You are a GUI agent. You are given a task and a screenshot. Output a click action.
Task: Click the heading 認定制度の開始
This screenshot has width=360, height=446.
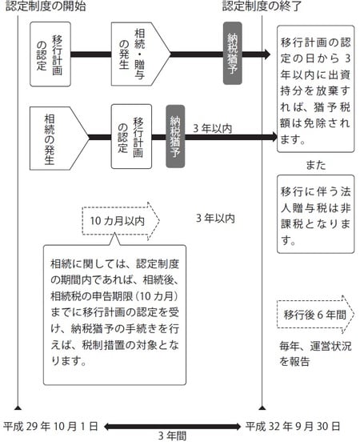pyautogui.click(x=46, y=7)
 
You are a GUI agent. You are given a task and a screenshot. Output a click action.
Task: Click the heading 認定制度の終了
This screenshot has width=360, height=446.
pyautogui.click(x=262, y=7)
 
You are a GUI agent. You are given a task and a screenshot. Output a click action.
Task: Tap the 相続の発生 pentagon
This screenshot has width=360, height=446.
pyautogui.click(x=58, y=137)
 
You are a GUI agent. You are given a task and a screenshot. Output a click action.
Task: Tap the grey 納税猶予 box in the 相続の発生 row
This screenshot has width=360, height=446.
pyautogui.click(x=176, y=136)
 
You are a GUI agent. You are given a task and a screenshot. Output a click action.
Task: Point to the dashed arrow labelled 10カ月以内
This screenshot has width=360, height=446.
pyautogui.click(x=120, y=219)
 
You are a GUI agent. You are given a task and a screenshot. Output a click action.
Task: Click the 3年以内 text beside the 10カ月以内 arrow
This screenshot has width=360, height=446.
pyautogui.click(x=215, y=217)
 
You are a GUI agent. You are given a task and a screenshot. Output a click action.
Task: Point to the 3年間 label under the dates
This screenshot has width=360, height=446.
pyautogui.click(x=172, y=436)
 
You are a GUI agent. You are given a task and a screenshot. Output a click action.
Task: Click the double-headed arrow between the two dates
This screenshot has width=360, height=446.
pyautogui.click(x=171, y=424)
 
